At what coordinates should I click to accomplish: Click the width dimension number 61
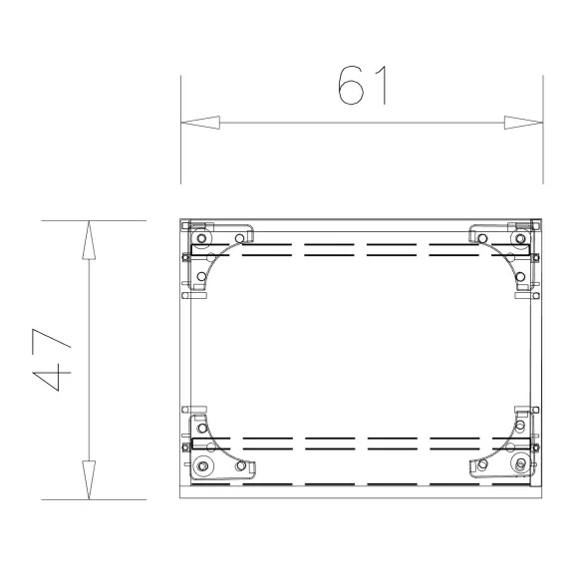362,85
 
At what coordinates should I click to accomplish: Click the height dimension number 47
52,360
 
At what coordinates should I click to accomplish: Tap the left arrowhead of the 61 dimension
200,123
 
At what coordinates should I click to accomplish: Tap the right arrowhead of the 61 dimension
523,123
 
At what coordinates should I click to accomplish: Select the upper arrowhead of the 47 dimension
89,240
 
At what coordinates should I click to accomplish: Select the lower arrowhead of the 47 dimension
89,480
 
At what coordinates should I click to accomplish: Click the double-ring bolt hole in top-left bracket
201,238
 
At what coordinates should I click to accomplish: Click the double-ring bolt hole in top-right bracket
520,238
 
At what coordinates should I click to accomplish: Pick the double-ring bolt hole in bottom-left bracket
202,466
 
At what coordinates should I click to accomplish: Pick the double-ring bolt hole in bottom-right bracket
520,463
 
